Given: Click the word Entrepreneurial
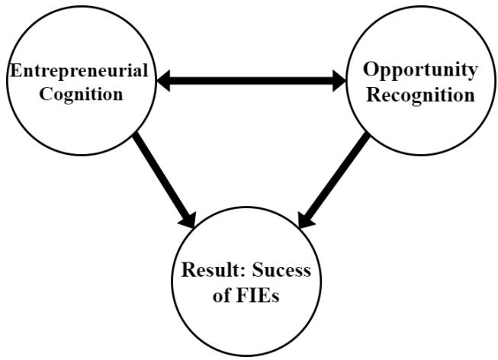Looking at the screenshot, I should click(x=79, y=72).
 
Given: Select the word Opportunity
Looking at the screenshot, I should click(x=420, y=70).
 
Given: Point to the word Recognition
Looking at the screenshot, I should click(x=419, y=96).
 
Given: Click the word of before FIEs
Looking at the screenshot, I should click(x=228, y=297).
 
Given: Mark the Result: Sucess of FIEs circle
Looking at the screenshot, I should click(x=249, y=328).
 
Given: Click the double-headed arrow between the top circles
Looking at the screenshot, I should click(x=251, y=81).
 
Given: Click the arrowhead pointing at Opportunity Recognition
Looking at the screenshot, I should click(x=339, y=81).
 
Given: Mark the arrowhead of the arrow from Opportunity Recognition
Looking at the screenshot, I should click(x=309, y=217).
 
